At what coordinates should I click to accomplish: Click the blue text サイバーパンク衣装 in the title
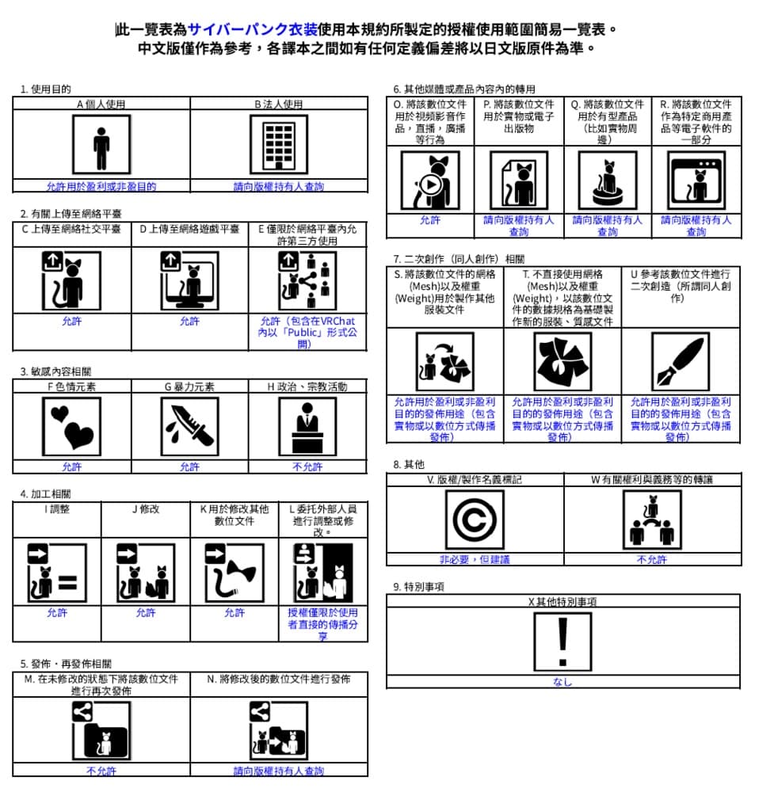(x=253, y=30)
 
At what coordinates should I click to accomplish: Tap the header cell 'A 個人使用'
(x=101, y=104)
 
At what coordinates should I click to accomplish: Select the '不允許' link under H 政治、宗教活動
(x=307, y=466)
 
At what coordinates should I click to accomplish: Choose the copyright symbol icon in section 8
(x=475, y=520)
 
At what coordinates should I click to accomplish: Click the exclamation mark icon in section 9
(x=562, y=641)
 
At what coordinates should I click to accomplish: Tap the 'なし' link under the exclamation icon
(x=562, y=682)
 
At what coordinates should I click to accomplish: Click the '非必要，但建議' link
(x=475, y=559)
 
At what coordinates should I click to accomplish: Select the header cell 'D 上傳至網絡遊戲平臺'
(x=189, y=229)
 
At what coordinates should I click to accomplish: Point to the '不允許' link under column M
(x=101, y=771)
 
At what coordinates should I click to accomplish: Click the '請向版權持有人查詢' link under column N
(x=278, y=771)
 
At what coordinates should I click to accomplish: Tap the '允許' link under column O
(x=430, y=220)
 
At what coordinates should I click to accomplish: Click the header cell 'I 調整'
(x=56, y=509)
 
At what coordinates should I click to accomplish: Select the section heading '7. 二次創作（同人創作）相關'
(x=459, y=259)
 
